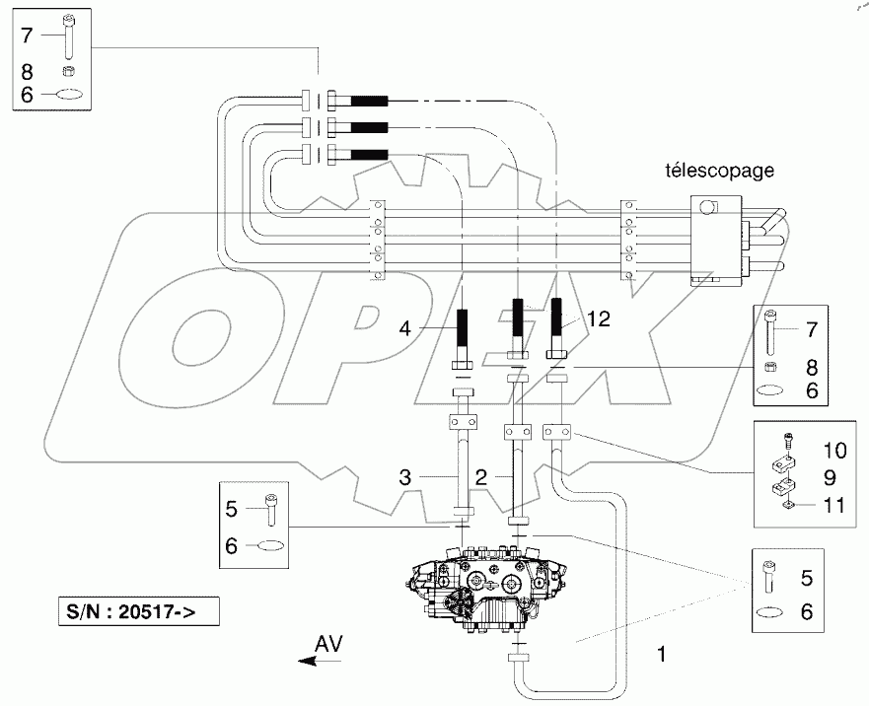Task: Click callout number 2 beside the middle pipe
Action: pyautogui.click(x=481, y=476)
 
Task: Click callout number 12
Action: pyautogui.click(x=599, y=318)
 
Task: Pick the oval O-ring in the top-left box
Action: pyautogui.click(x=68, y=96)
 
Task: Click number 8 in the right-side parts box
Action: pyautogui.click(x=811, y=366)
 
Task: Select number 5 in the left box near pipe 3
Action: pyautogui.click(x=232, y=510)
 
